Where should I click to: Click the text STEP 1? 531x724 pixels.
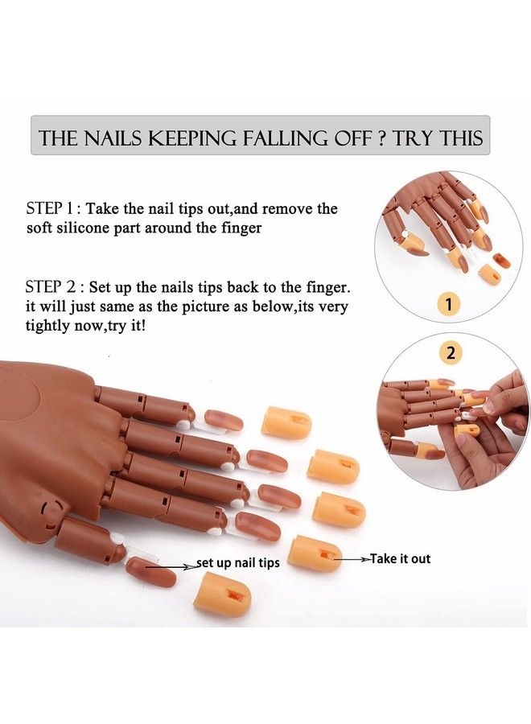click(53, 208)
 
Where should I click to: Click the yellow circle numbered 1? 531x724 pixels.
click(449, 303)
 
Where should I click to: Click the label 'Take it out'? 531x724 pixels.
click(400, 558)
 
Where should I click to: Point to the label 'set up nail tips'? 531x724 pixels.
click(240, 562)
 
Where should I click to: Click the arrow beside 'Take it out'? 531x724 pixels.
click(352, 558)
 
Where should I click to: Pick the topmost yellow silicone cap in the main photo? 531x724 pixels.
click(286, 422)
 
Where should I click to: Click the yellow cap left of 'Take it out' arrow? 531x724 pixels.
click(315, 553)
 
